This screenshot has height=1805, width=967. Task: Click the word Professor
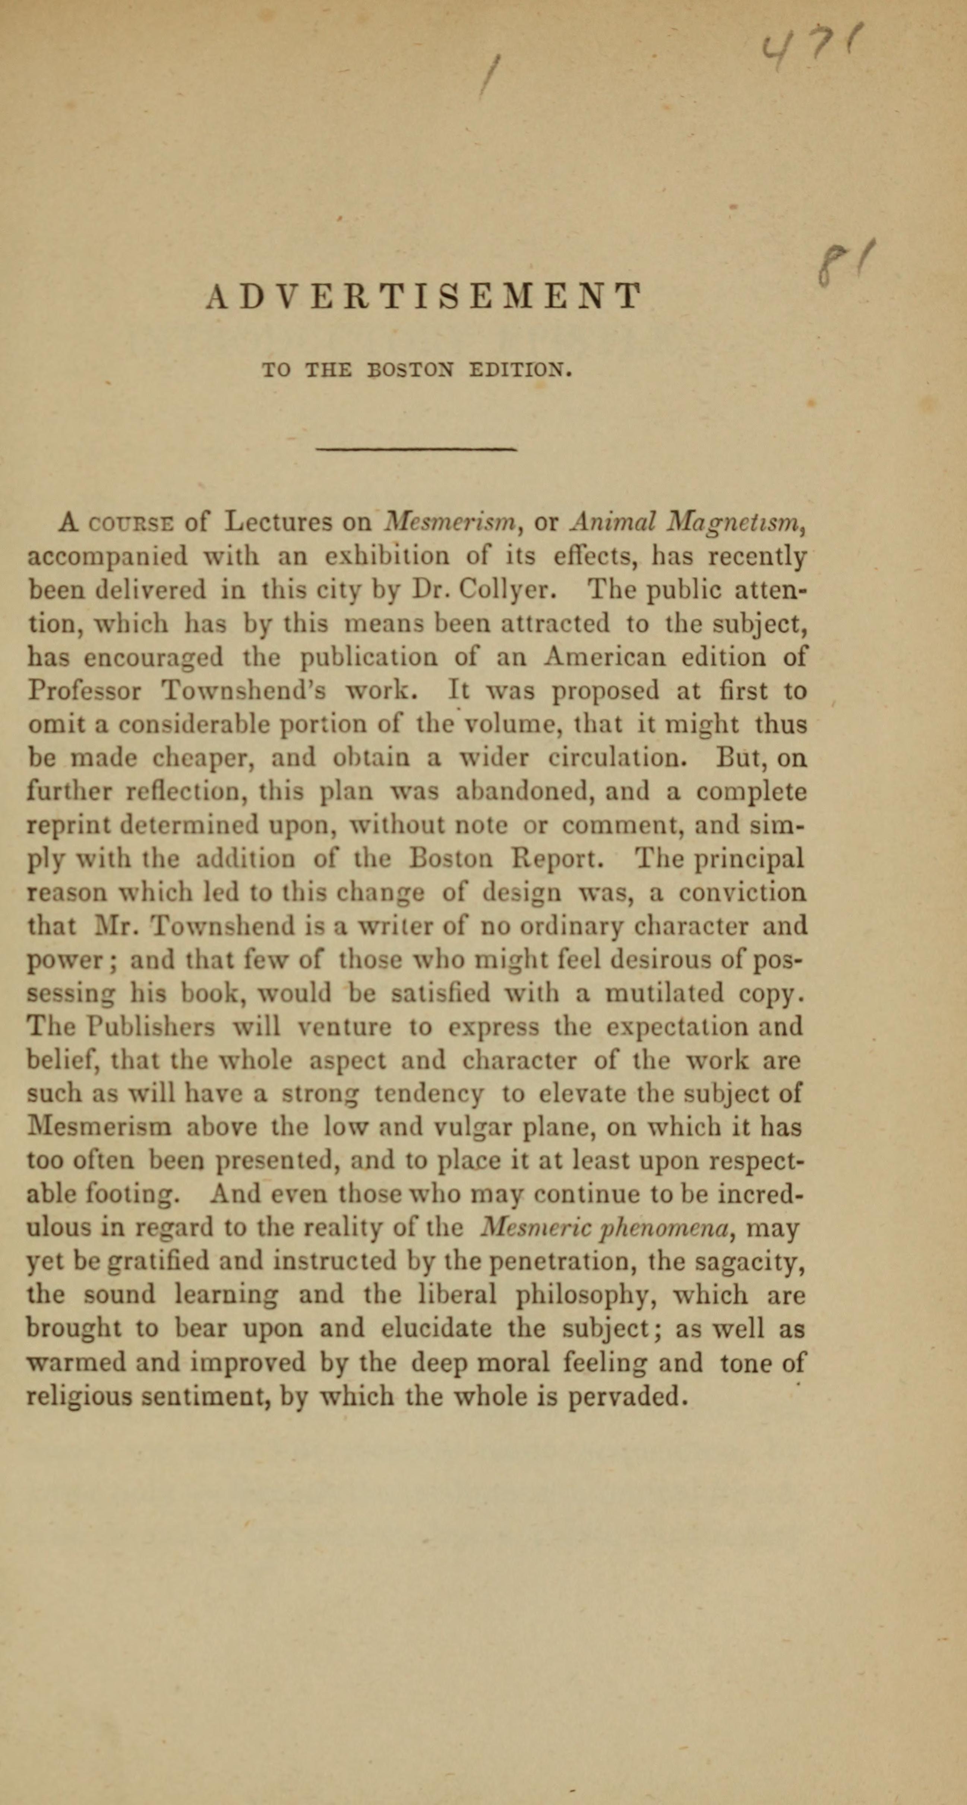pos(84,691)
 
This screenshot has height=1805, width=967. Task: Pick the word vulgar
pos(474,1128)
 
